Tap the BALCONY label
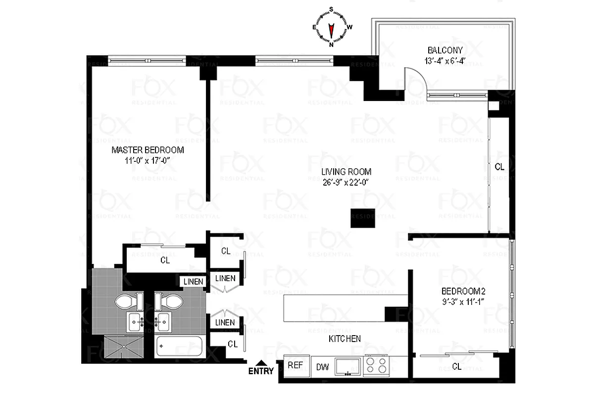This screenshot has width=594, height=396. click(445, 50)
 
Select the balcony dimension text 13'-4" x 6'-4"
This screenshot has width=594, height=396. click(445, 61)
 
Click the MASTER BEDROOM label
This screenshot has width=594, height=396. click(148, 150)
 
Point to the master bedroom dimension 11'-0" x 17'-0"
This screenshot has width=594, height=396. click(148, 160)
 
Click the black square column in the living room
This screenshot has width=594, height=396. click(362, 218)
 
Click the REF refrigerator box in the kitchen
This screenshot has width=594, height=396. click(296, 366)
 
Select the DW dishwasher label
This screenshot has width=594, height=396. click(322, 367)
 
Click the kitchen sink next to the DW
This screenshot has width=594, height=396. click(348, 366)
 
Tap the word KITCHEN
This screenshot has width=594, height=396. click(345, 339)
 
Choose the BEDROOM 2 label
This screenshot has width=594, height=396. click(459, 291)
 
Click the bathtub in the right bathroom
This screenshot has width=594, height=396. click(179, 346)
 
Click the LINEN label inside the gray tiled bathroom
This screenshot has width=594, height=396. click(193, 282)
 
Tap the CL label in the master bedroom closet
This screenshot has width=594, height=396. click(165, 260)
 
